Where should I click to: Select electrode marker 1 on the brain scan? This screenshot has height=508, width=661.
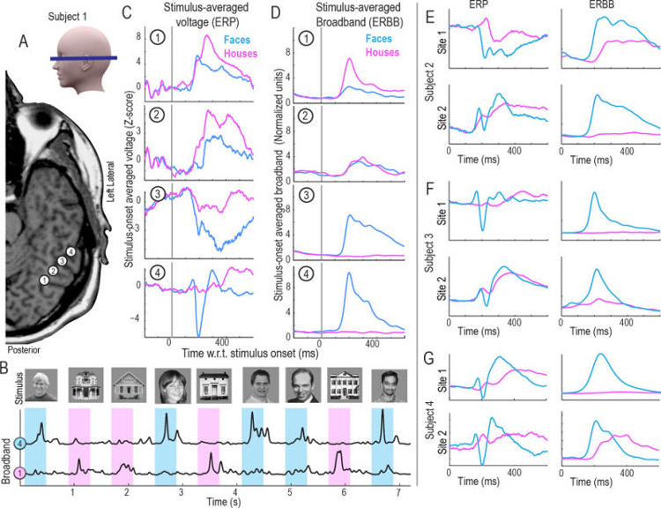(x=44, y=280)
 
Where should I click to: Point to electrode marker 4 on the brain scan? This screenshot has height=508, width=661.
(x=70, y=253)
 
